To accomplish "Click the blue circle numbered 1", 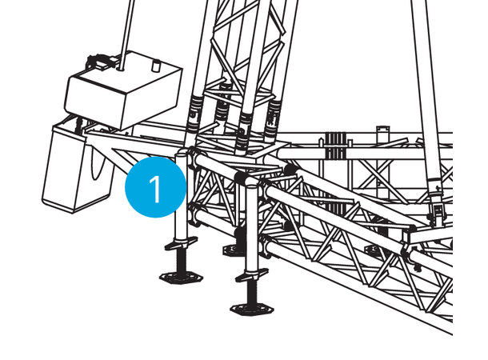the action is tap(156, 187).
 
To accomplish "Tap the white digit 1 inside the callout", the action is tap(155, 189).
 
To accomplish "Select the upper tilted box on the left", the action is tap(123, 90).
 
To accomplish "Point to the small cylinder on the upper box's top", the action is tap(156, 66).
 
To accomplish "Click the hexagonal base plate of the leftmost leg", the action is tap(181, 277).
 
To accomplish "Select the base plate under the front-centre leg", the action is tap(252, 309).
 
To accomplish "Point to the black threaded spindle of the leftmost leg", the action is tap(181, 261).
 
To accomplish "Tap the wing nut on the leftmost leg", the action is tap(181, 243).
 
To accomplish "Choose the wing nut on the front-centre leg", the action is tap(251, 275).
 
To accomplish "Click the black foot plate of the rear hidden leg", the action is tap(233, 250).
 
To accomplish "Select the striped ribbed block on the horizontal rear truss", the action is tap(336, 146).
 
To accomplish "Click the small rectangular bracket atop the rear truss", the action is tap(383, 134).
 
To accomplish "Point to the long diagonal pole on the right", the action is tap(427, 94).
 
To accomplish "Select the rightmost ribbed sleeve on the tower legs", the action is tap(272, 120).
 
